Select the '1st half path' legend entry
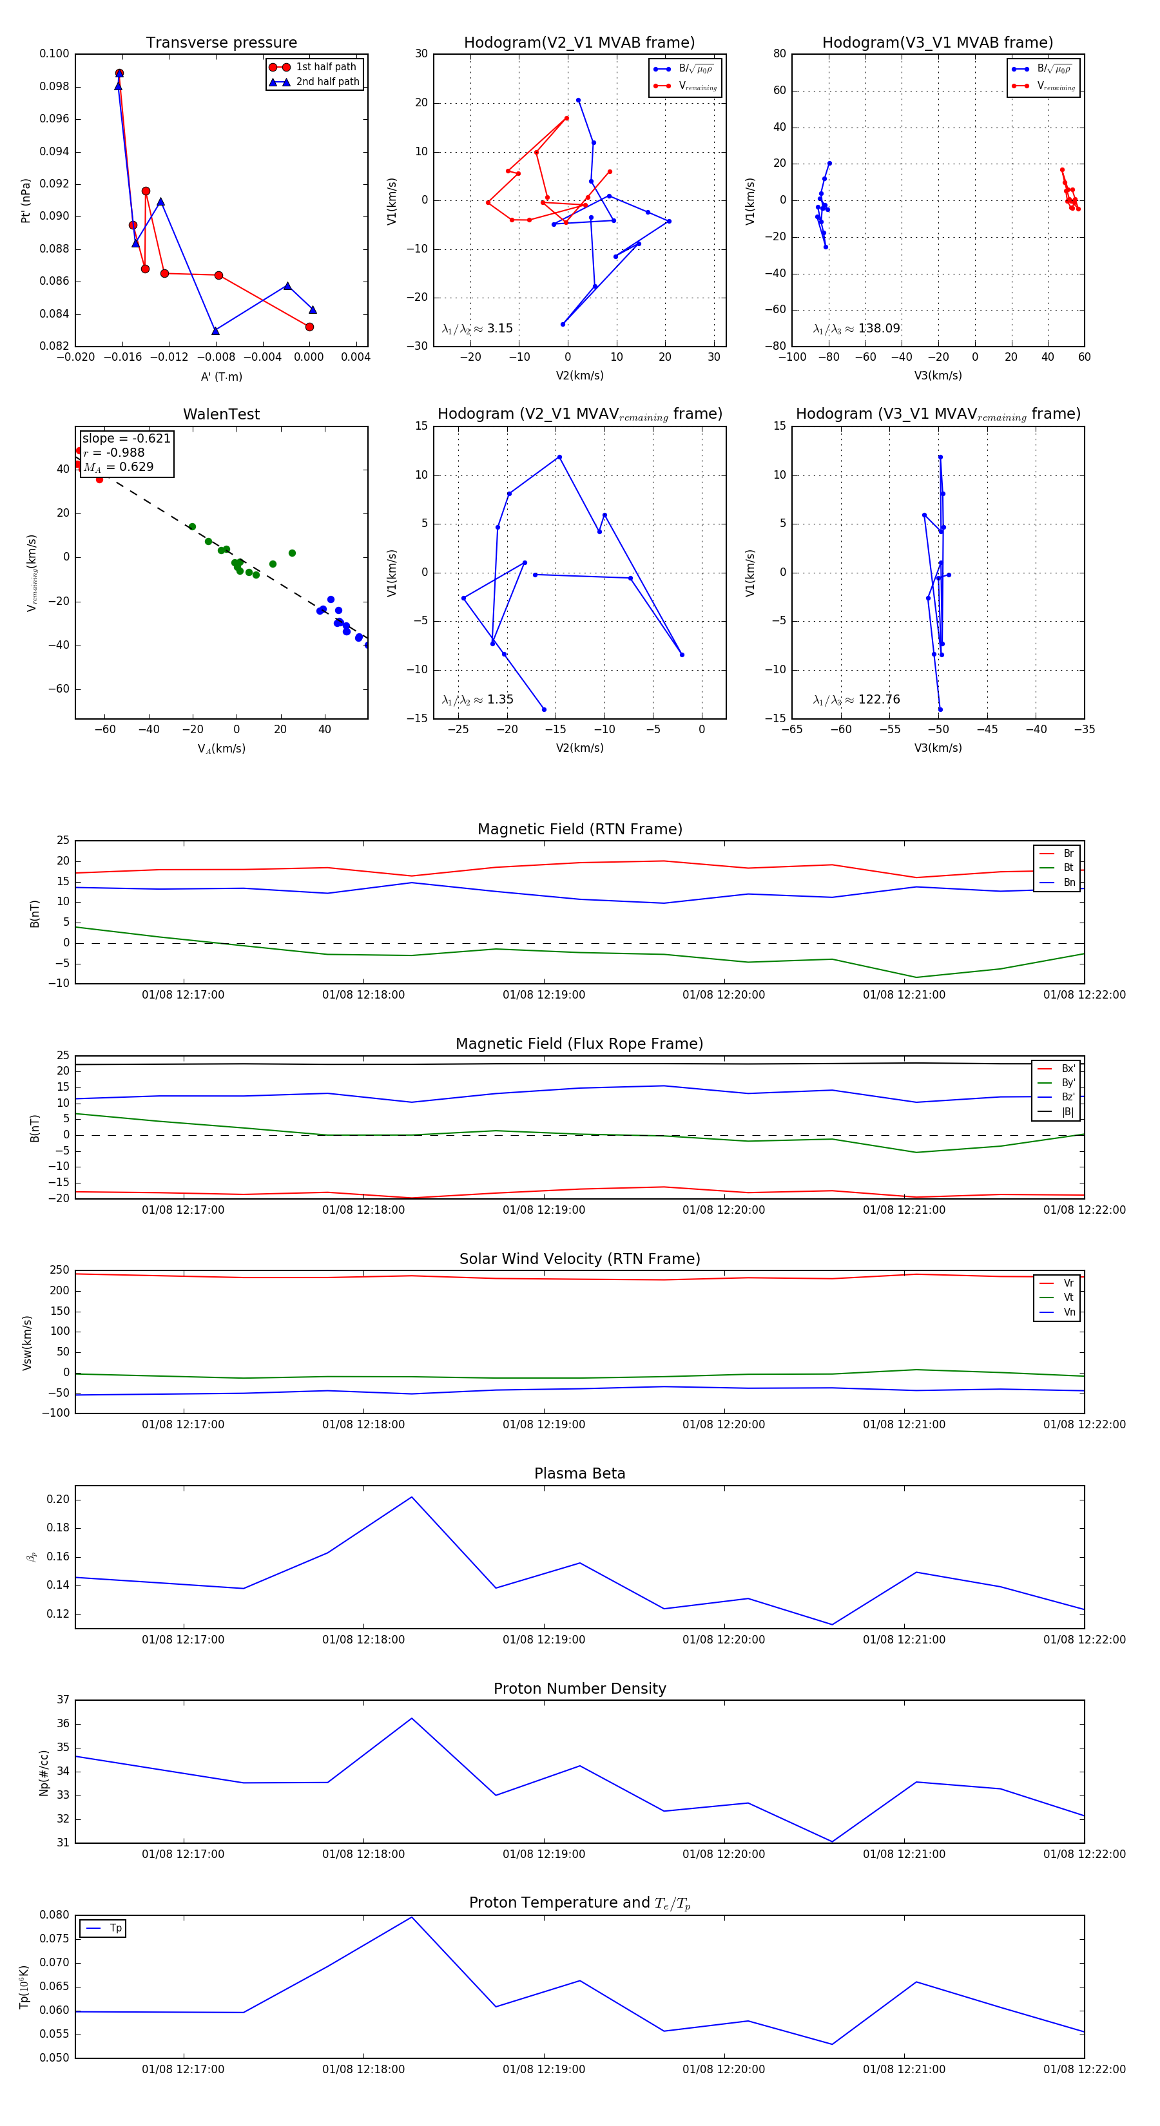325,67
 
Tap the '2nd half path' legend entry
327,82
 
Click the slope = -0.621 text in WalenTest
126,438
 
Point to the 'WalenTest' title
221,414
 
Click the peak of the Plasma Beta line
412,1497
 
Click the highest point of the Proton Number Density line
412,1718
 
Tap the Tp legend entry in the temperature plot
115,1928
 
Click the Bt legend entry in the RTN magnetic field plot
1068,867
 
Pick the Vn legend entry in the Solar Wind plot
1069,1312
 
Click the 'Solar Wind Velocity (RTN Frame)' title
579,1259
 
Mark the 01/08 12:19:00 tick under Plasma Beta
543,1639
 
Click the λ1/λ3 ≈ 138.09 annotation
856,329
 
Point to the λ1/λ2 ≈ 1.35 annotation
477,700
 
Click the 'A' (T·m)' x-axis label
221,376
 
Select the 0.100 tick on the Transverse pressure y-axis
55,53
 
